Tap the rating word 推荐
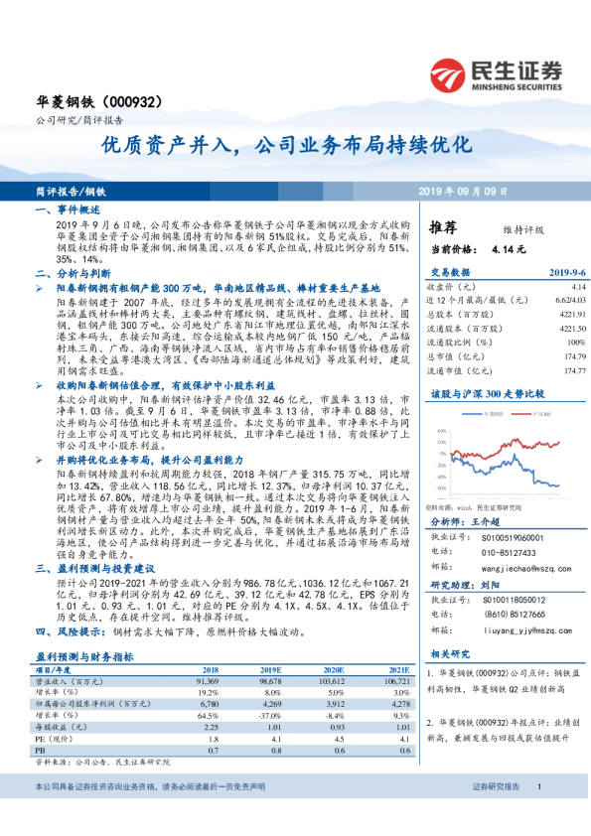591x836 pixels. pyautogui.click(x=443, y=227)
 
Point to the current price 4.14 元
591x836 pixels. pyautogui.click(x=477, y=248)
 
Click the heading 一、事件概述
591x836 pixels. pyautogui.click(x=68, y=210)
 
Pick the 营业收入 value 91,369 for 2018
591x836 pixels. pyautogui.click(x=207, y=683)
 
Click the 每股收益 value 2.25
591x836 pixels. pyautogui.click(x=210, y=727)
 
